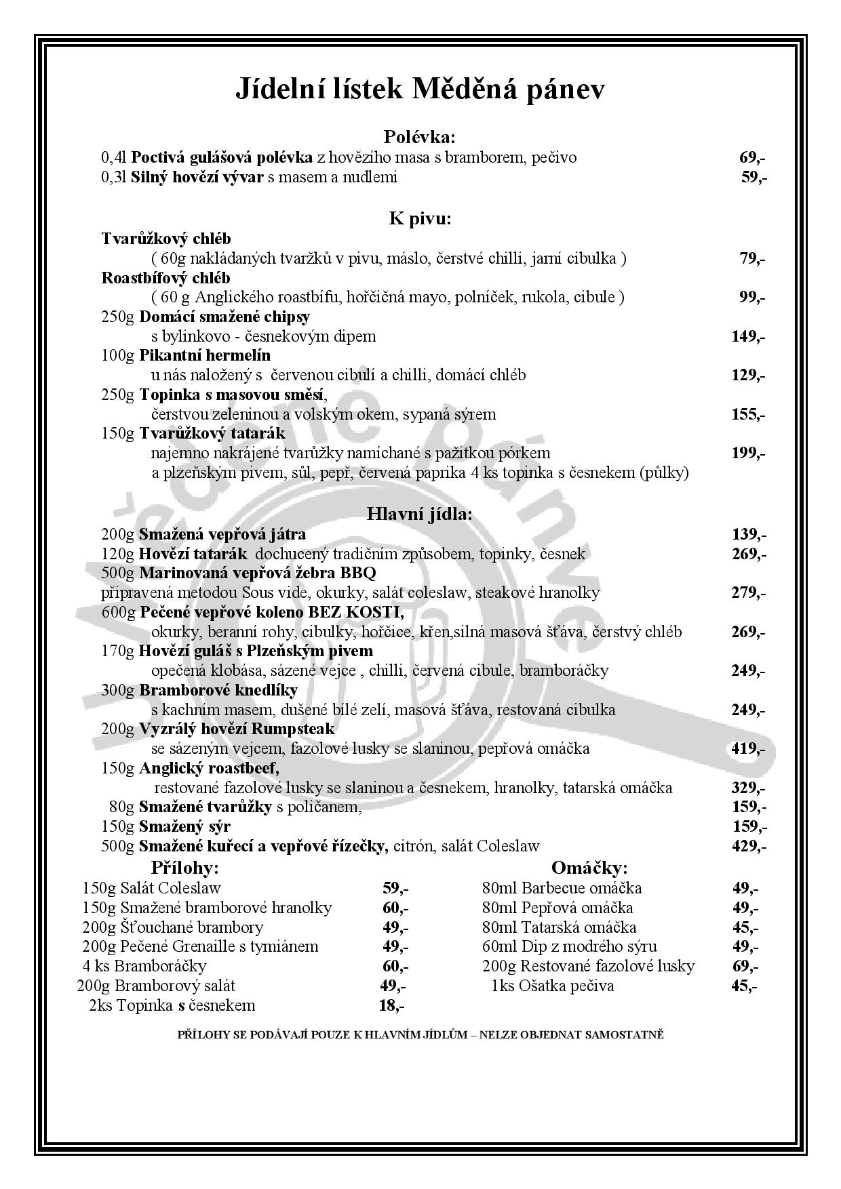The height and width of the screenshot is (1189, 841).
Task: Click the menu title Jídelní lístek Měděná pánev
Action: (x=420, y=89)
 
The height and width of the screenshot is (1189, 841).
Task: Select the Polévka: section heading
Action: (x=420, y=138)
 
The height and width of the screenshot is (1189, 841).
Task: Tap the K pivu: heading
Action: (x=420, y=218)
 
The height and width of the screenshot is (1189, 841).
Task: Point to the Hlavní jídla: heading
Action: (x=420, y=514)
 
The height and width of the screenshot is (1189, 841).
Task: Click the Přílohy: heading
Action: (x=185, y=868)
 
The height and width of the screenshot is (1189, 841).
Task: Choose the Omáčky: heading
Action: (x=589, y=868)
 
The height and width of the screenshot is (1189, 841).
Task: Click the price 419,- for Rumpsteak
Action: (x=747, y=749)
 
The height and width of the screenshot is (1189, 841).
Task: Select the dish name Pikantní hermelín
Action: (x=205, y=355)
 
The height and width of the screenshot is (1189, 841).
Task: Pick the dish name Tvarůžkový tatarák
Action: (x=212, y=433)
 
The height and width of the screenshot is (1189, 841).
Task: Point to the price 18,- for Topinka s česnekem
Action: (x=391, y=1005)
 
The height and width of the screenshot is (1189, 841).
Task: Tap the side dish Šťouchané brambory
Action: (x=191, y=927)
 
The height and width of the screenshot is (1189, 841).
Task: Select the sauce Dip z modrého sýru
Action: (x=589, y=946)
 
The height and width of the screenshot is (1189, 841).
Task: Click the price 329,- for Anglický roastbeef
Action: (x=749, y=788)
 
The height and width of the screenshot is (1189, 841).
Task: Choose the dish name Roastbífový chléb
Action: (x=166, y=278)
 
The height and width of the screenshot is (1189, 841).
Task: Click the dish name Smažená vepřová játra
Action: (x=222, y=534)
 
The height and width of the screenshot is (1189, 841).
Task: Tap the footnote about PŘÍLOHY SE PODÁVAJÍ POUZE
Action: (x=420, y=1035)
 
